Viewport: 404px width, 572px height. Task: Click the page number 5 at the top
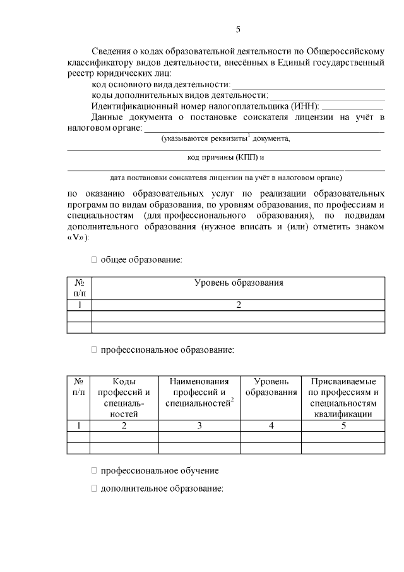point(237,29)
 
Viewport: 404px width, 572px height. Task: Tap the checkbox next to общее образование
point(94,259)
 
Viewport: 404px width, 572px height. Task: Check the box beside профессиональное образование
point(94,349)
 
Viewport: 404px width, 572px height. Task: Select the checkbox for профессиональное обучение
point(94,471)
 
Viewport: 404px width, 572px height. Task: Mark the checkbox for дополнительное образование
point(94,489)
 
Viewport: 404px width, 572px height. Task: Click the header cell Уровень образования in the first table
point(238,283)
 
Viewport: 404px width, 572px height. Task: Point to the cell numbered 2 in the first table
point(238,305)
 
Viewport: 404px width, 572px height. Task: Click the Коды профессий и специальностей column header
point(124,398)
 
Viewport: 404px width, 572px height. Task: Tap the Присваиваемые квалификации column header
point(343,398)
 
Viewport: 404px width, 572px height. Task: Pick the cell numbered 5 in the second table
point(343,425)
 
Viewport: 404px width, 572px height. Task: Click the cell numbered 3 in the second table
point(199,425)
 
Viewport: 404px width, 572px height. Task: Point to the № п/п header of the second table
point(79,387)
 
